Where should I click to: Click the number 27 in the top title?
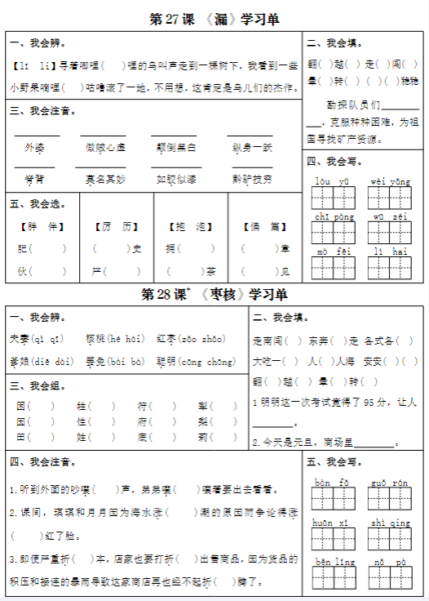(x=179, y=19)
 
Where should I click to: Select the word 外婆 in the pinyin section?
(x=35, y=148)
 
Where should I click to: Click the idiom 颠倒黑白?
(x=175, y=148)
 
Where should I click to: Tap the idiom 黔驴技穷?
(x=252, y=179)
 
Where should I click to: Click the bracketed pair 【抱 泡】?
(x=190, y=226)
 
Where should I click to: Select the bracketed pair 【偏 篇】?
(x=264, y=226)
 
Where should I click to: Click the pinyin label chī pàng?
(x=334, y=216)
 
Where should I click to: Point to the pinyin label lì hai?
(x=389, y=252)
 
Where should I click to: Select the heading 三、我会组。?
(x=38, y=385)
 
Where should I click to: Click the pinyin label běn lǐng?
(x=335, y=562)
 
